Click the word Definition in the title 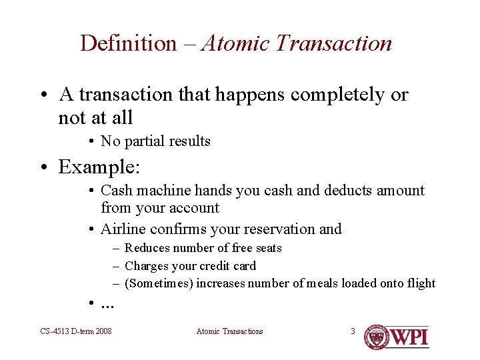[128, 43]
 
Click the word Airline [123, 229]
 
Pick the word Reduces [147, 248]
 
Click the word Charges [147, 266]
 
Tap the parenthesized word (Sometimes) [156, 283]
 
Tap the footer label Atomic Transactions [229, 331]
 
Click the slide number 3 [353, 331]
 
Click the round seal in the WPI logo [377, 337]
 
